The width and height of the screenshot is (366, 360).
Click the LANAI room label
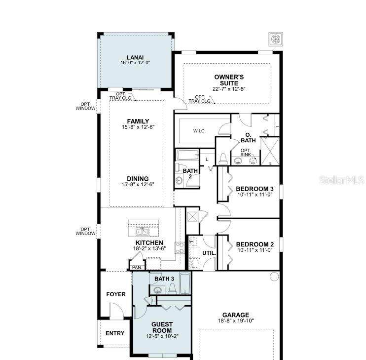tap(135, 57)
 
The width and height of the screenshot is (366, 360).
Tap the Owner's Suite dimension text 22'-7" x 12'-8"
tap(229, 89)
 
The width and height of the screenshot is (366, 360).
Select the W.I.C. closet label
tap(199, 131)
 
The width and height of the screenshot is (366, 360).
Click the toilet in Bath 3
tap(172, 289)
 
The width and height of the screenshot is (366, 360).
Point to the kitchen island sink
tap(143, 231)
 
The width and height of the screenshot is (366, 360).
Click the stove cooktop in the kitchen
tap(180, 248)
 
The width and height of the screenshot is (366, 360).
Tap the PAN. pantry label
tap(137, 268)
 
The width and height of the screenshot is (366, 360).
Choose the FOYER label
tap(116, 294)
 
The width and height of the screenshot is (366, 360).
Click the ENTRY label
tap(115, 333)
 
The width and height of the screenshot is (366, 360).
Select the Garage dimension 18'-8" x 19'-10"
tap(236, 321)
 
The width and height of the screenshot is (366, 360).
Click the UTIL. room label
tap(209, 253)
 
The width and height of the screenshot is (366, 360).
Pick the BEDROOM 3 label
tap(255, 189)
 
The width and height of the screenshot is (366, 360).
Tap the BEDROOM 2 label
tap(255, 244)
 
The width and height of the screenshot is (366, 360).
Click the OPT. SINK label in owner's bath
tap(246, 152)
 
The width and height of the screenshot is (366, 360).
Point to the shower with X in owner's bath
tap(270, 151)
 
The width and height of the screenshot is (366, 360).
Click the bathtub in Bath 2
tap(187, 155)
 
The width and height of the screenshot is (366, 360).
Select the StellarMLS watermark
tap(341, 180)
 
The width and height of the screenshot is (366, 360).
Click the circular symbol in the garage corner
tap(274, 277)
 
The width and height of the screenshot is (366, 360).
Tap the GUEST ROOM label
tap(162, 327)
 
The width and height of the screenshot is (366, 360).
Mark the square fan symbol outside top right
tap(276, 39)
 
